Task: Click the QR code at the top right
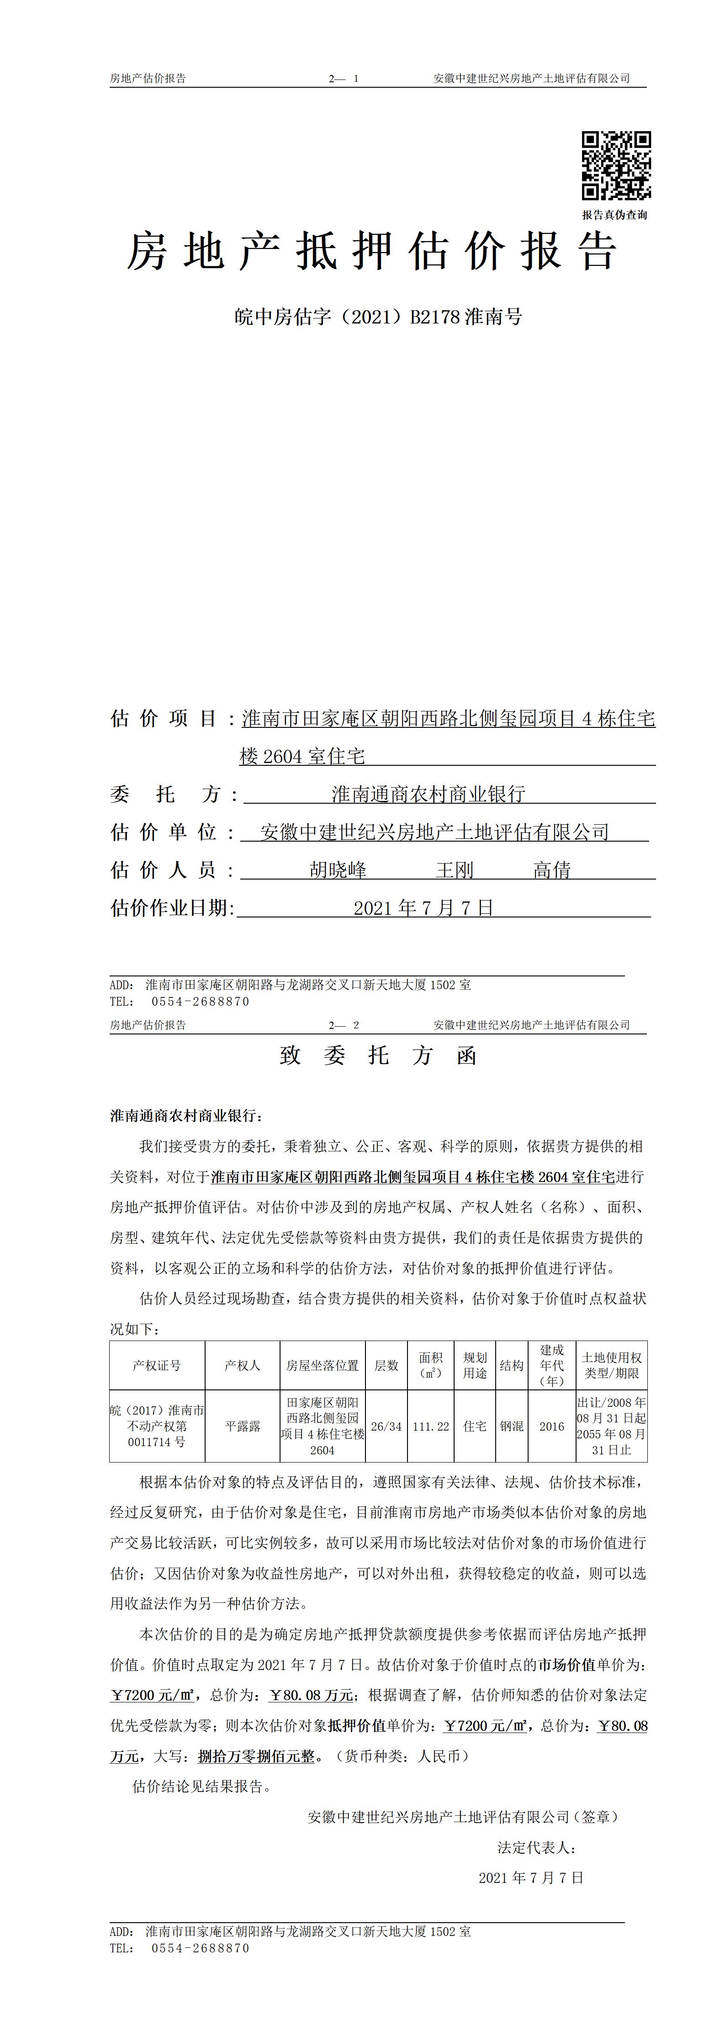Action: (616, 166)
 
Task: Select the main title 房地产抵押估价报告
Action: (372, 252)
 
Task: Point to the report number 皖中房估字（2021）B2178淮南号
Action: (378, 317)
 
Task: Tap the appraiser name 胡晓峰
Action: (338, 869)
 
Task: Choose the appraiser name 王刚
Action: (455, 869)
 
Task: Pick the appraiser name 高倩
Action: (552, 869)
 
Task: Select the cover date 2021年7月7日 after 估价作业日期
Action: (423, 908)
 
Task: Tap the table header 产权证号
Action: (157, 1366)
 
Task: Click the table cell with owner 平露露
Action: (242, 1426)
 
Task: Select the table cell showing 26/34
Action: (386, 1426)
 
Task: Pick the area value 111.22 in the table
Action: (431, 1426)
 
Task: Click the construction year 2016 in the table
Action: (552, 1426)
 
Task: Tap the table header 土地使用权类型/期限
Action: (612, 1366)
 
